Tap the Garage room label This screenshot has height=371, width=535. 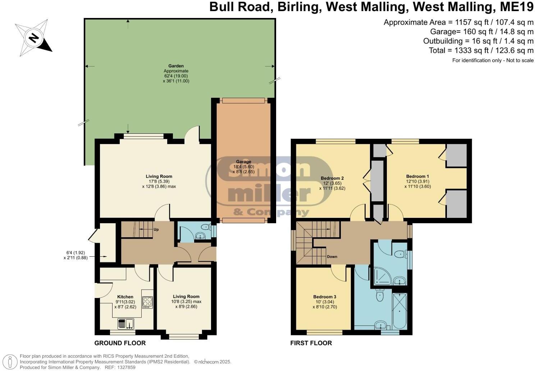coord(243,162)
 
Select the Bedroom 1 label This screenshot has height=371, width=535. coord(417,176)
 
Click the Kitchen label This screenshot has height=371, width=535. coord(125,297)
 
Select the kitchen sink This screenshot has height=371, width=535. coord(125,324)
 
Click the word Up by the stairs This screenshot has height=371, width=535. coord(156,229)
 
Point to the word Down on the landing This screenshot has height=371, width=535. coord(332,257)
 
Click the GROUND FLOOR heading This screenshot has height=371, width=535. coord(120,343)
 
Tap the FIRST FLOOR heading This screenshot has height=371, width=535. coord(311,343)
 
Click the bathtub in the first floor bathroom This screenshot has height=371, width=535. coord(399,311)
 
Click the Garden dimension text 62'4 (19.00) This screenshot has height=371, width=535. coord(176,76)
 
